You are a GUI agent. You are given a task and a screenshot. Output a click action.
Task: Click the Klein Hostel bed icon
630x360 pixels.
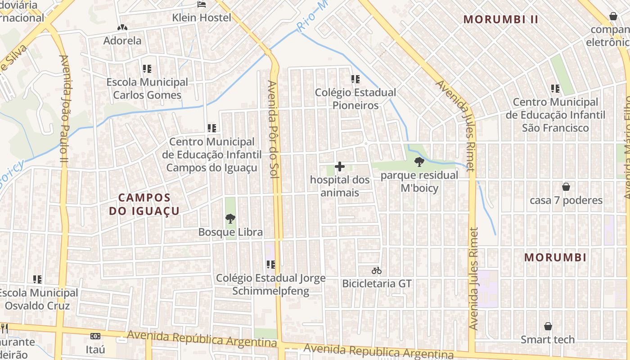click(202, 4)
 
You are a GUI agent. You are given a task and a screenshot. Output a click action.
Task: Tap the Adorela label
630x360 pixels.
click(122, 40)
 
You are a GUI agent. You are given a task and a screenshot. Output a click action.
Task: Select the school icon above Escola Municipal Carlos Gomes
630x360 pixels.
click(147, 69)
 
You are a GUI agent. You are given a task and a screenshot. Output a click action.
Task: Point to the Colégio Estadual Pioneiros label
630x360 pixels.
click(355, 99)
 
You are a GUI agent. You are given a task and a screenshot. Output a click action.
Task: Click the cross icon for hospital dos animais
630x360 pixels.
click(340, 167)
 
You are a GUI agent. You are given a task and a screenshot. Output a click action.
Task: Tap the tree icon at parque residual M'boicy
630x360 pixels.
click(419, 162)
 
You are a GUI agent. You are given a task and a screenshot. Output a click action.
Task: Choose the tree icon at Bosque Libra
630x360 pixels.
click(230, 219)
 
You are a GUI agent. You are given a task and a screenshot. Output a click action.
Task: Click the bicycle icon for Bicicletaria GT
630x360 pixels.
click(377, 270)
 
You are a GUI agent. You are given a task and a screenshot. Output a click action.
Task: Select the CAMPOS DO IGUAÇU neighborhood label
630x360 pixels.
click(144, 204)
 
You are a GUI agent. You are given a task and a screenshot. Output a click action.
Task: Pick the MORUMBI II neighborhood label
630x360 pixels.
click(501, 19)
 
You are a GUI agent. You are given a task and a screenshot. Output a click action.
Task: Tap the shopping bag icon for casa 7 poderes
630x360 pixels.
click(566, 187)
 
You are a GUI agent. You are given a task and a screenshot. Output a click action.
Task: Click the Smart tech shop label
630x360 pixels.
click(548, 340)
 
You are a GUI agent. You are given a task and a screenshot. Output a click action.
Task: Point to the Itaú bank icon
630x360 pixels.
click(95, 336)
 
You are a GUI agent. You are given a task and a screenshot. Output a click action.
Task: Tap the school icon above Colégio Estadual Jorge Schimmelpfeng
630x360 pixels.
click(270, 265)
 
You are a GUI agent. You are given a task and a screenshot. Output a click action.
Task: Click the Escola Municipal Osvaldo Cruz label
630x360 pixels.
click(38, 299)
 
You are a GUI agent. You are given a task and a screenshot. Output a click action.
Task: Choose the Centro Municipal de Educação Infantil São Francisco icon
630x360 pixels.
click(555, 89)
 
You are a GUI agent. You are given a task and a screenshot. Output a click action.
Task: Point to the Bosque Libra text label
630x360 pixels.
click(230, 232)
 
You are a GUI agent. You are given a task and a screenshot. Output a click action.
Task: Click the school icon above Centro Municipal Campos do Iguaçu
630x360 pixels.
click(212, 128)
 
